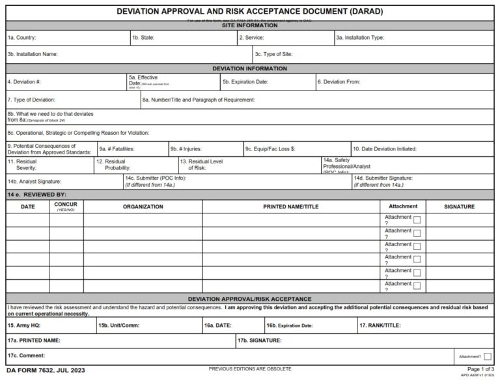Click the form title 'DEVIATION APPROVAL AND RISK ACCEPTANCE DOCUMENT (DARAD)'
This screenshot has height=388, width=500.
click(249, 12)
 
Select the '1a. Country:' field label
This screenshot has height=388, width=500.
click(21, 38)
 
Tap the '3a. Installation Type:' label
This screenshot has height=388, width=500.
click(359, 38)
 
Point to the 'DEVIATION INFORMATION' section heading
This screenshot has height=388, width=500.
click(249, 68)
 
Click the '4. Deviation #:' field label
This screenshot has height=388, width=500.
click(25, 82)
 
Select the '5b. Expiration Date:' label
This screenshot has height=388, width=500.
click(245, 82)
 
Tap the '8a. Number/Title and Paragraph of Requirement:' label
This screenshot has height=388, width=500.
click(199, 100)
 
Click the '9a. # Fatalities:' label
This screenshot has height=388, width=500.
click(117, 149)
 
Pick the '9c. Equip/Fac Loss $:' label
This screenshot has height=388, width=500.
click(270, 149)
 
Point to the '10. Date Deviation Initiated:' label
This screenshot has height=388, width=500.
click(385, 149)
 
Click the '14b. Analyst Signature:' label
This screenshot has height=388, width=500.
click(35, 182)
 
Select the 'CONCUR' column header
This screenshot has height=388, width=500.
click(66, 205)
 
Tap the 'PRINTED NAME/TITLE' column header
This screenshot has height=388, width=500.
click(290, 207)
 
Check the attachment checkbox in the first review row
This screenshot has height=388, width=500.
click(417, 220)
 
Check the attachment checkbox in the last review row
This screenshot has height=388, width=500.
click(417, 286)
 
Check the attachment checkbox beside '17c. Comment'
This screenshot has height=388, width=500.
click(487, 356)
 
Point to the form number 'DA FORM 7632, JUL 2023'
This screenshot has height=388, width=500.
click(46, 370)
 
